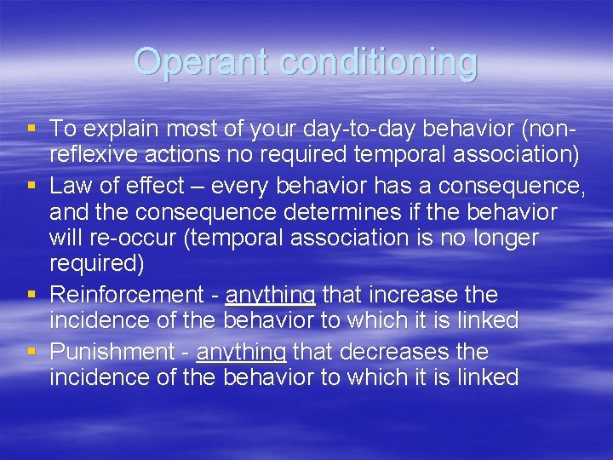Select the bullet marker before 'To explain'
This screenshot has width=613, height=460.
coord(32,129)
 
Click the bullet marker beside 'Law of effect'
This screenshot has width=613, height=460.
coord(32,184)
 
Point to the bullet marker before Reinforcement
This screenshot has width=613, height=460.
coord(32,295)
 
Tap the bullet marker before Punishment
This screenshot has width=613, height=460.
coord(32,350)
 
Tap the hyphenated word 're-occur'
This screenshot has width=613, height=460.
coord(140,239)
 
